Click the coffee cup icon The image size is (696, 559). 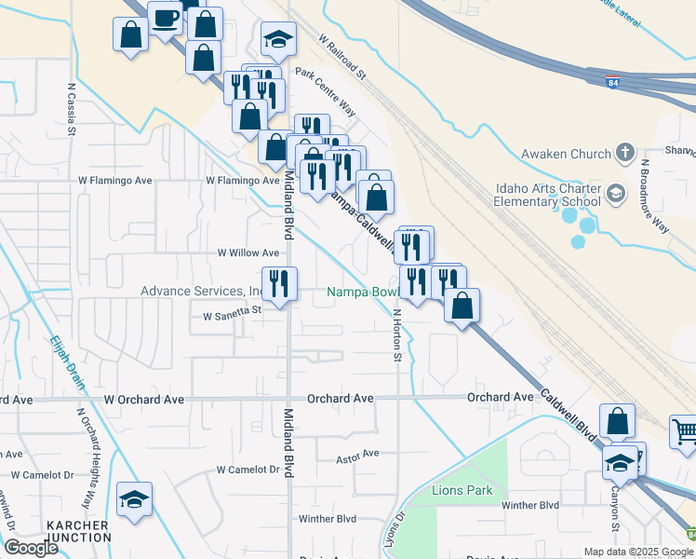click(165, 19)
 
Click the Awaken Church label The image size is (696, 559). click(566, 154)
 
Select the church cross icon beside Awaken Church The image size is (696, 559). click(626, 153)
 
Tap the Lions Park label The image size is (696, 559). click(462, 490)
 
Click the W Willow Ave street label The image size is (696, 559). click(248, 252)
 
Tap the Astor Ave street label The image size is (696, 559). click(358, 454)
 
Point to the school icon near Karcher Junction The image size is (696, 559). click(134, 499)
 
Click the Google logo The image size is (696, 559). click(32, 548)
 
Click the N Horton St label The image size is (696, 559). click(397, 334)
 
